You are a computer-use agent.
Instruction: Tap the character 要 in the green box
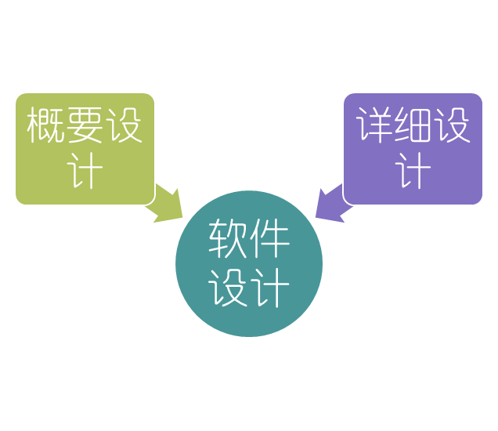pyautogui.click(x=85, y=125)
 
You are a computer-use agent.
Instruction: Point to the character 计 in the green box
pyautogui.click(x=85, y=170)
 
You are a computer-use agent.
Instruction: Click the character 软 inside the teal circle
pyautogui.click(x=229, y=241)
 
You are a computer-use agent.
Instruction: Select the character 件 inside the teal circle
pyautogui.click(x=269, y=241)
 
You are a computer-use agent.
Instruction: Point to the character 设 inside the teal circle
pyautogui.click(x=229, y=288)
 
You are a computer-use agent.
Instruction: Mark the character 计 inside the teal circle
pyautogui.click(x=269, y=288)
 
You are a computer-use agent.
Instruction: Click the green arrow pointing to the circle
pyautogui.click(x=169, y=205)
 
